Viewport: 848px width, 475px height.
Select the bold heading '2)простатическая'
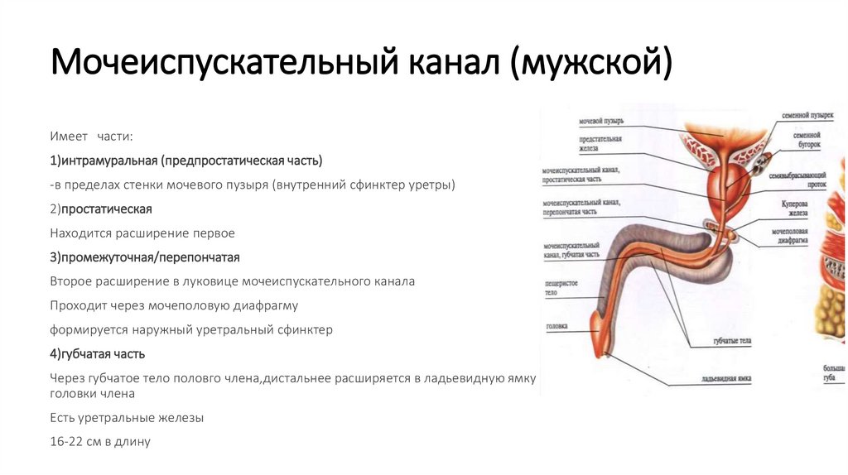[100, 209]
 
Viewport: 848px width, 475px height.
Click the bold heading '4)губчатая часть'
[97, 353]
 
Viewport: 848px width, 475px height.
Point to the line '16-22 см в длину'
[99, 441]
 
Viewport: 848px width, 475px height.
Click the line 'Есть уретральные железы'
[127, 418]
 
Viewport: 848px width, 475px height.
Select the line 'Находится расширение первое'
[142, 233]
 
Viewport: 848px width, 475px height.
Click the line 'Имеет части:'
[91, 136]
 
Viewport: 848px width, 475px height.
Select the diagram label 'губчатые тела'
[731, 340]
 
